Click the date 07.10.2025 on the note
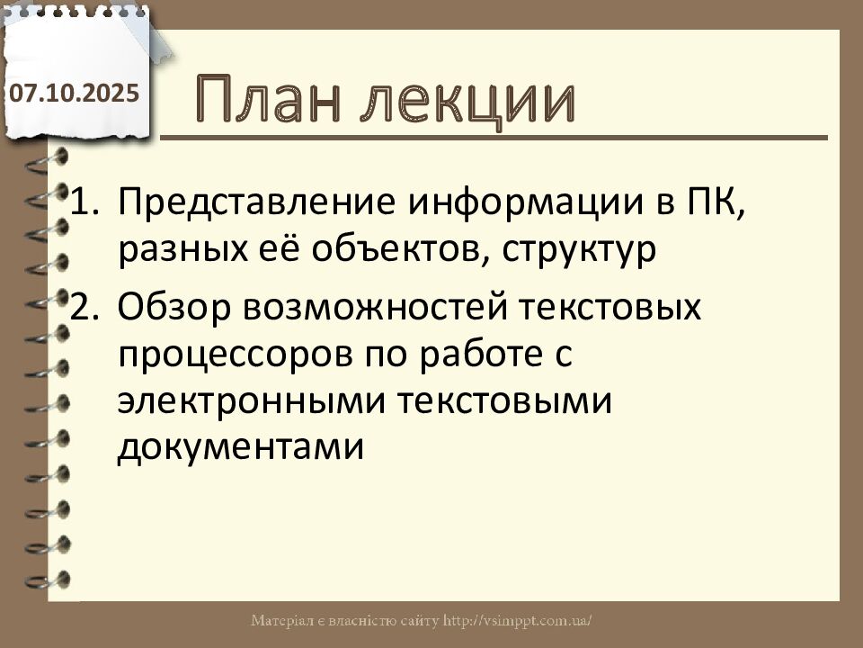75,93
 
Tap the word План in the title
275,100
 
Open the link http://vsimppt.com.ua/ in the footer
518,621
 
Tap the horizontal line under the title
494,138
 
